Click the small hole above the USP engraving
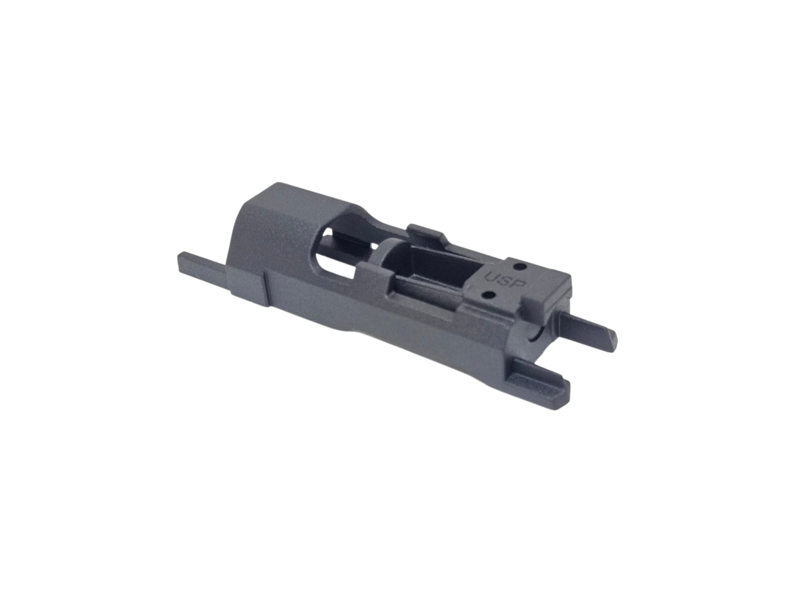tap(519, 266)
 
